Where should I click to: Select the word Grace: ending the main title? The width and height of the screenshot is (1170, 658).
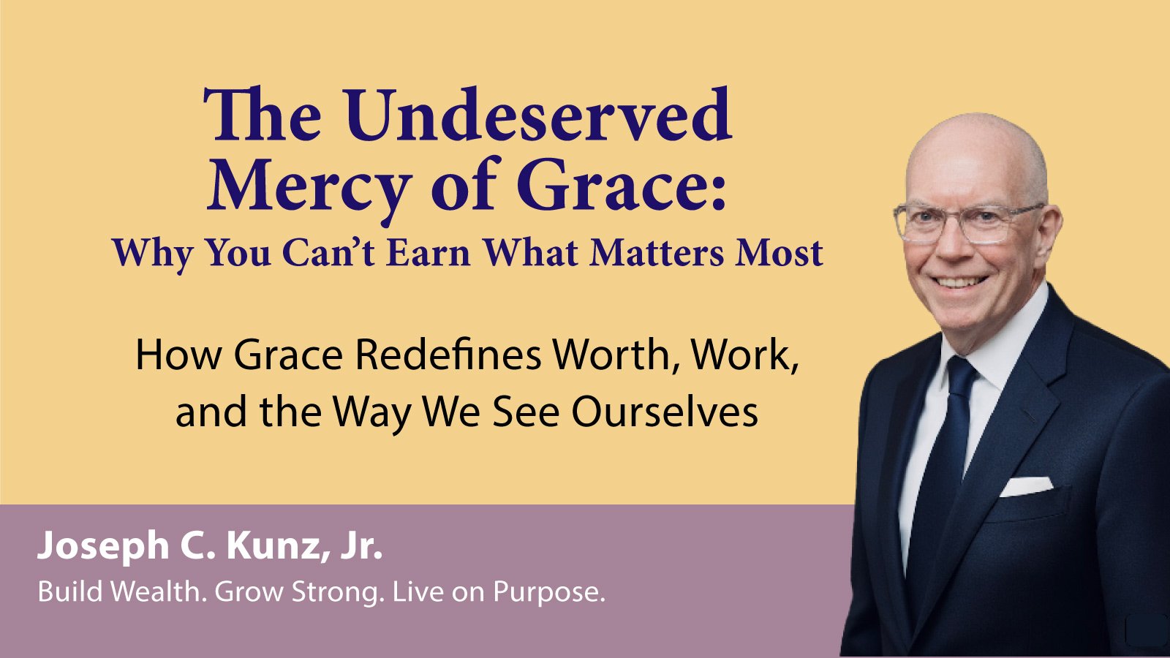tap(621, 184)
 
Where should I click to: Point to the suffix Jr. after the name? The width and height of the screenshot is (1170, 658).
tap(361, 546)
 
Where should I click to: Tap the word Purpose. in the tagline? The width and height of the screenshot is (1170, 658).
tap(549, 593)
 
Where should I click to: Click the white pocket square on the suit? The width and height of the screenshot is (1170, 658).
tap(1026, 486)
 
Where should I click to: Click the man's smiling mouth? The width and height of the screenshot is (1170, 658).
tap(960, 282)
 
